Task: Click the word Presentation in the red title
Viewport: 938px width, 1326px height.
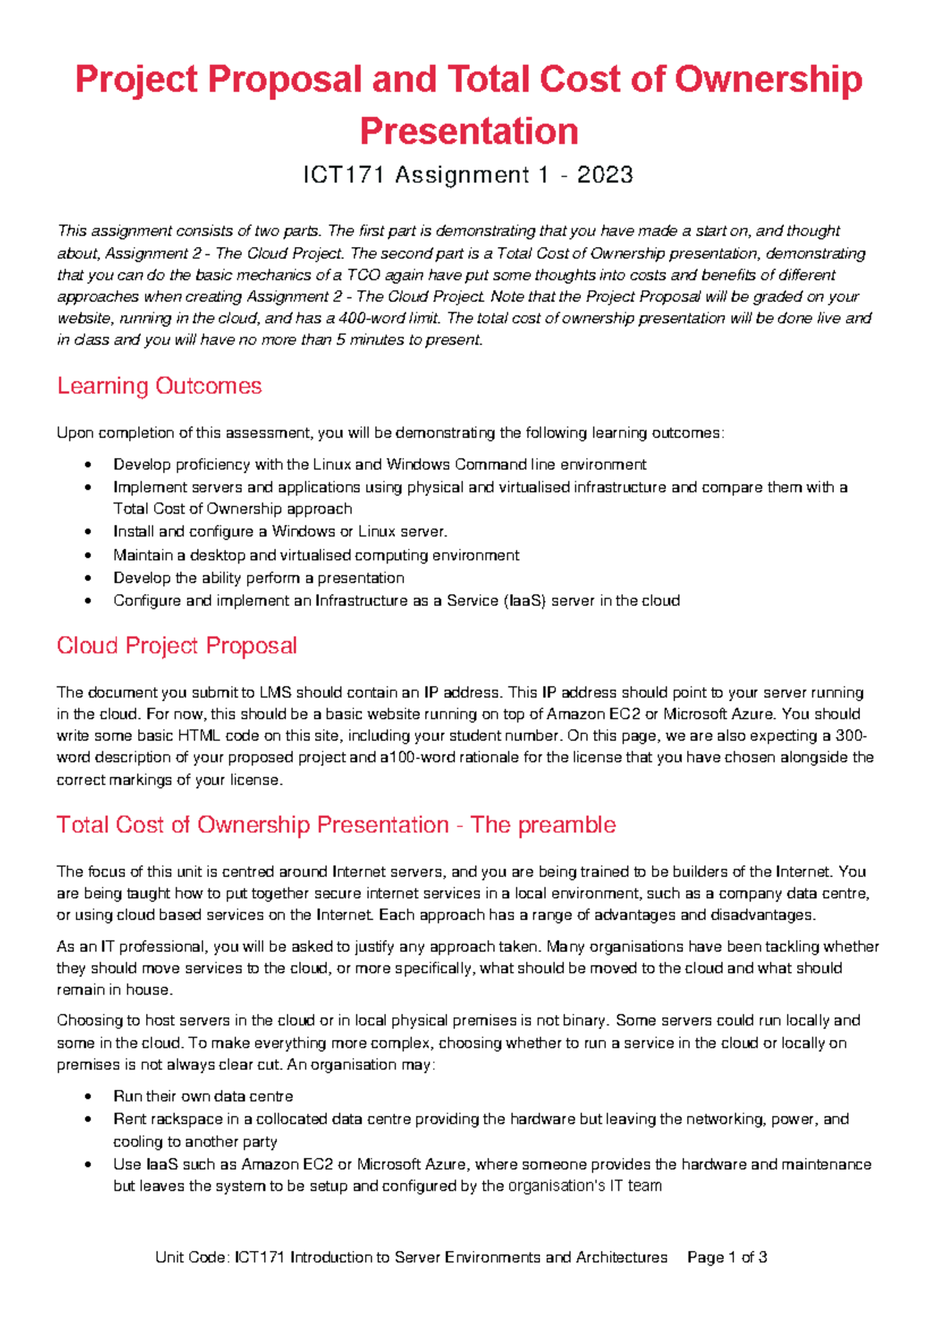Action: (469, 131)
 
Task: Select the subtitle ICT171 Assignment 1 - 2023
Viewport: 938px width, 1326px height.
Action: (468, 175)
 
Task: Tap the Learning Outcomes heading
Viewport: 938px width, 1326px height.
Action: (159, 386)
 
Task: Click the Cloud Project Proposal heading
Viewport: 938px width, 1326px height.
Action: (177, 646)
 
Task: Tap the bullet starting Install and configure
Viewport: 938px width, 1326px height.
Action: (280, 532)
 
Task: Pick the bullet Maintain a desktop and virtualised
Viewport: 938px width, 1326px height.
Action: (316, 555)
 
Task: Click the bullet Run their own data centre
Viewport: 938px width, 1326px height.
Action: (203, 1096)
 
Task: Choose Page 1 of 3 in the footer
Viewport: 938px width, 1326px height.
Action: (727, 1257)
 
